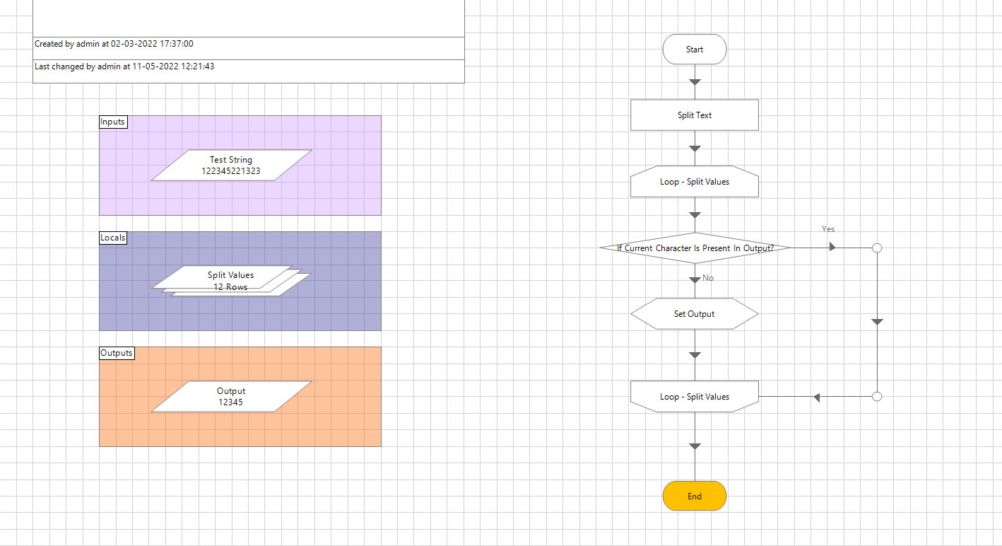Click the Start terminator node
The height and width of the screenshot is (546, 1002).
(694, 50)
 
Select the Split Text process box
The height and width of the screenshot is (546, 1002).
(694, 115)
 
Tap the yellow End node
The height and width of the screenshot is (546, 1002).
(694, 496)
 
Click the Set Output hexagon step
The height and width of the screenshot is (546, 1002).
(694, 314)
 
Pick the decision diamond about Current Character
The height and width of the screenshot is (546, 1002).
(694, 248)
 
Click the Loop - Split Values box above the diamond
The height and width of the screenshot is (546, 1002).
(694, 182)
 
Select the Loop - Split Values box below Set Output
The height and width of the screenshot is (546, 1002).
(694, 397)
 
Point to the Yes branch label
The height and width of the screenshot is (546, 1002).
(828, 229)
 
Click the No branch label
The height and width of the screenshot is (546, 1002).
(708, 278)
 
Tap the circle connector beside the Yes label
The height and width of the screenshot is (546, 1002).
(877, 248)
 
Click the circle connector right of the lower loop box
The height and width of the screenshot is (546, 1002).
(877, 397)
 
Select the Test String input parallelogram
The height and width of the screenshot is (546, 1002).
(231, 165)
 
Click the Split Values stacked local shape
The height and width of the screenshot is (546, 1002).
(231, 280)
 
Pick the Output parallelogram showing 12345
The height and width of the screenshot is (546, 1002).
(231, 397)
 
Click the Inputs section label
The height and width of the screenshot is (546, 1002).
(112, 122)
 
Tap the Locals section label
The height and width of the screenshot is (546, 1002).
(113, 238)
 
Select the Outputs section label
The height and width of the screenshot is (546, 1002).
(117, 353)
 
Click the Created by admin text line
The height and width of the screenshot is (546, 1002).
(114, 44)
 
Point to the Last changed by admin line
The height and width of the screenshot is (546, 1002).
(124, 66)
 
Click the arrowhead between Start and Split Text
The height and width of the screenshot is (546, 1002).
(695, 82)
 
